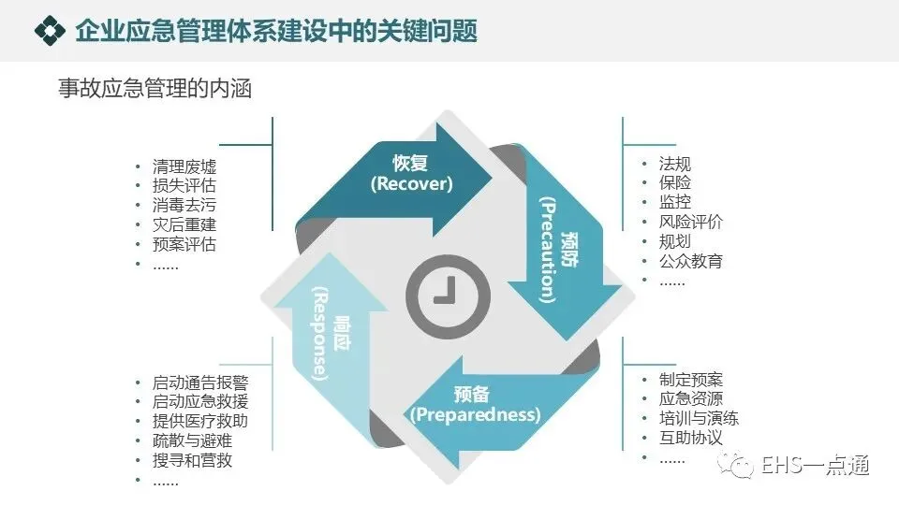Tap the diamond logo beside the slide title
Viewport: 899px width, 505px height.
point(49,31)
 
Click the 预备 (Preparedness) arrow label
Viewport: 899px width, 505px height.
point(475,404)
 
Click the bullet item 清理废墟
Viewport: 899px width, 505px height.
point(184,166)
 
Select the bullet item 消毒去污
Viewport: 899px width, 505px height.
point(184,206)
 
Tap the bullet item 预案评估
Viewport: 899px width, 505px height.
point(184,245)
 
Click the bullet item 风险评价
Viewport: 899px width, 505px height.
point(690,222)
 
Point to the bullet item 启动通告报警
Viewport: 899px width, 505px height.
point(200,382)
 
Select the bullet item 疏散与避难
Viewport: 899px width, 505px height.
point(193,441)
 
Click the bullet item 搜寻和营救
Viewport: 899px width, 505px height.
point(193,461)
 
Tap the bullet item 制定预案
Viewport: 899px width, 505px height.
point(690,380)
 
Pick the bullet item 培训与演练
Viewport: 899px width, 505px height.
point(699,419)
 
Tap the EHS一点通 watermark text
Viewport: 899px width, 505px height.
point(816,466)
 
